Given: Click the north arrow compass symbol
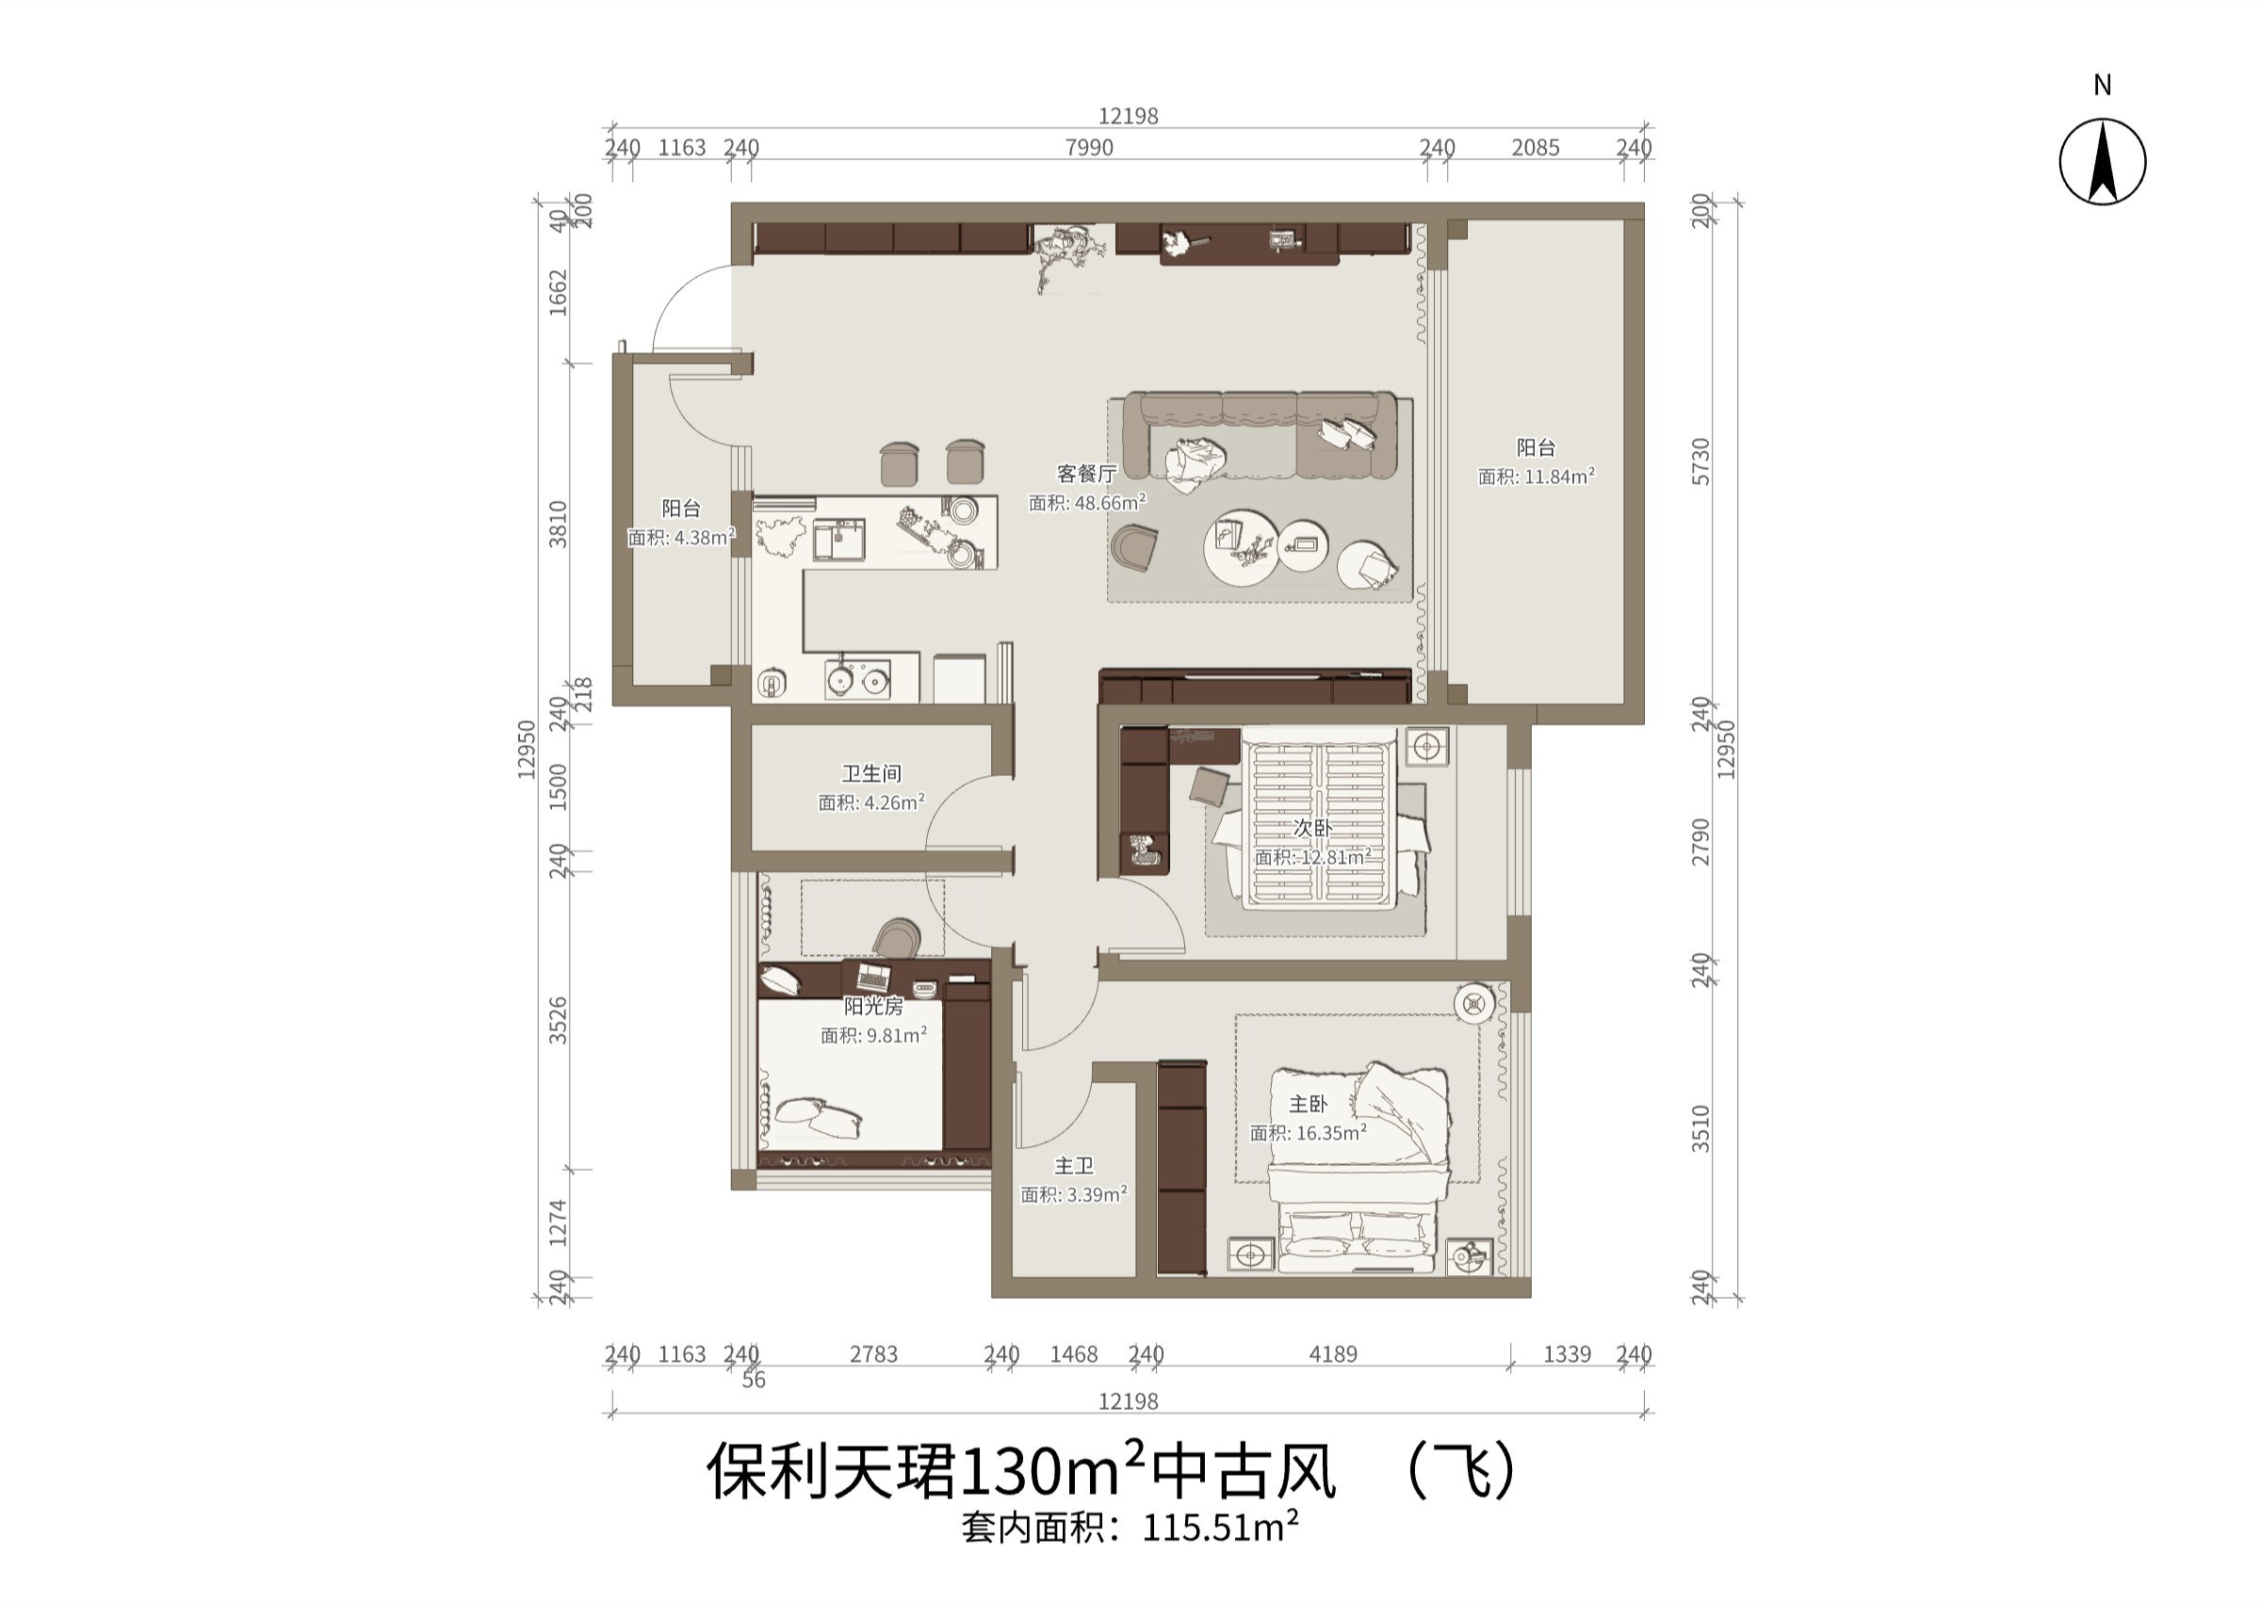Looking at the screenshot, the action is coord(2102,161).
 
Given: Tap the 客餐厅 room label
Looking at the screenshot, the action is coord(1086,474).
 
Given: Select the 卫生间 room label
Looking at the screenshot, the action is coord(871,773).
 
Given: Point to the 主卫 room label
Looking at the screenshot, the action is coord(1073,1165).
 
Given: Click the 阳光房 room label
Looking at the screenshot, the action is coord(873,1006).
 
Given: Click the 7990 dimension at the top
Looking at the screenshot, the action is coord(1089,147).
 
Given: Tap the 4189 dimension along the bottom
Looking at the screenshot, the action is coord(1333,1354).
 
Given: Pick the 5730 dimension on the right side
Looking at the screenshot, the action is coord(1700,461).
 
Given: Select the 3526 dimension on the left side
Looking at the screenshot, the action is coord(559,1020).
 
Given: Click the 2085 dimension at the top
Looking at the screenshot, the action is coord(1536,147).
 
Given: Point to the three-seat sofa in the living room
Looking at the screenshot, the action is coord(1261,434).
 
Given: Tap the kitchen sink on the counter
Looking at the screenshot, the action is coord(838,540).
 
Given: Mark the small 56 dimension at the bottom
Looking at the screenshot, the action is coord(754,1379).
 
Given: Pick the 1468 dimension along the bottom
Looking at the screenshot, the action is coord(1073,1354).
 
